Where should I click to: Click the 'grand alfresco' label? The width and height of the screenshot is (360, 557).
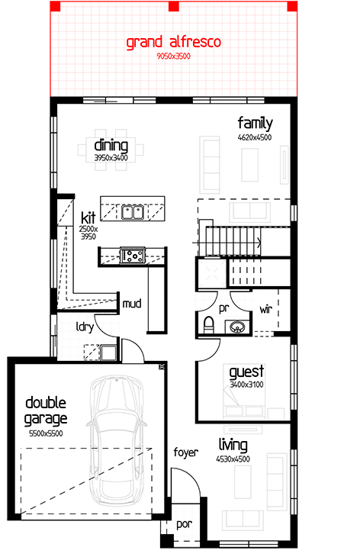click(x=174, y=42)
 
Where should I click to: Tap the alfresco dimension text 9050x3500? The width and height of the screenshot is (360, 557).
click(x=174, y=56)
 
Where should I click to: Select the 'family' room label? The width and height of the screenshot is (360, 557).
click(x=256, y=124)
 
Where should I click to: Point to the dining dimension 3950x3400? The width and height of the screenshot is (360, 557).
click(x=111, y=158)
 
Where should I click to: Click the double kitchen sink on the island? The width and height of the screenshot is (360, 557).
click(x=133, y=212)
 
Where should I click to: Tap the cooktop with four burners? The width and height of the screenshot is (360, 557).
click(x=133, y=256)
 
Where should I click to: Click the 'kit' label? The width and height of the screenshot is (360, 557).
click(x=88, y=217)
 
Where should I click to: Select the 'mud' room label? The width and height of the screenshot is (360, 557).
click(x=132, y=304)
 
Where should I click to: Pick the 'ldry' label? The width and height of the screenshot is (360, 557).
click(x=85, y=327)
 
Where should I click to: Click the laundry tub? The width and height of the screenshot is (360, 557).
click(x=108, y=353)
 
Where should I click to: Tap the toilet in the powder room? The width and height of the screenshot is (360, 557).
click(x=209, y=325)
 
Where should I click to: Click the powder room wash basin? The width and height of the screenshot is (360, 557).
click(x=237, y=327)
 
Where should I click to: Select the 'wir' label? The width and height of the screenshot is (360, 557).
click(x=266, y=309)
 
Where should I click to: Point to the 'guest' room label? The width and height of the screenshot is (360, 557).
click(x=246, y=372)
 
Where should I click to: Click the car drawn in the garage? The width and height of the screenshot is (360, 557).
click(x=117, y=439)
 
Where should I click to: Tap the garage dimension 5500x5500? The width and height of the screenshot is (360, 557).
click(x=46, y=433)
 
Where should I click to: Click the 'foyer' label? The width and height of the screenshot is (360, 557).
click(x=185, y=452)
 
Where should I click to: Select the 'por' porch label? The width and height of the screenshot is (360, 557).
click(x=185, y=524)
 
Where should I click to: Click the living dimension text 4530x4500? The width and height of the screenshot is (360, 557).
click(x=233, y=459)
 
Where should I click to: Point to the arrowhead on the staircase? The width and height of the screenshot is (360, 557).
click(x=259, y=243)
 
